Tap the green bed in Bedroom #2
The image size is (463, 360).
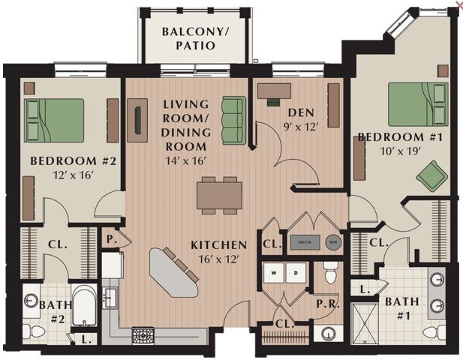tap(54, 120)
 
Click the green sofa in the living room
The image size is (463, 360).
tap(234, 120)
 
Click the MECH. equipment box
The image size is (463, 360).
tap(305, 241)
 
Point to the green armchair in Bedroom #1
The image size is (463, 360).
tap(431, 176)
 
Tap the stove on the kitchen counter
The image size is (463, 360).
tap(143, 334)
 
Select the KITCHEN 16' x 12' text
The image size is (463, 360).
tap(218, 251)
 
